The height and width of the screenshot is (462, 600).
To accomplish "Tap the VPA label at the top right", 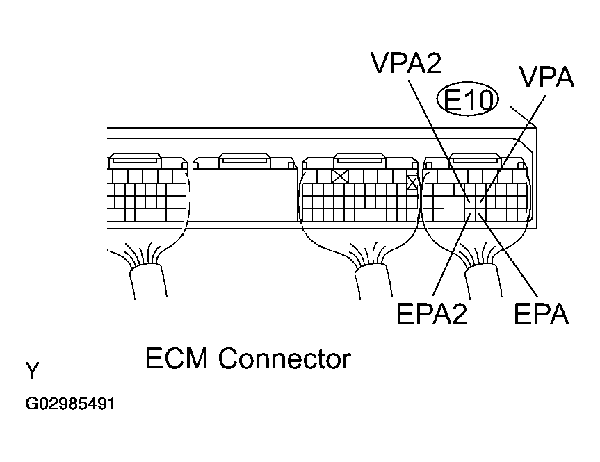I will click(546, 76).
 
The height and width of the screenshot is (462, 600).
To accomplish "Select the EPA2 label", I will click(431, 314).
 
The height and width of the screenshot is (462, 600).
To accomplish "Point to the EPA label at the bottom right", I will click(541, 314).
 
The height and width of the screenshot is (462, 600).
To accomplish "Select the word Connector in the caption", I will click(284, 359).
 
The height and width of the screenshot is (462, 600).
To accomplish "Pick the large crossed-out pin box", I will click(340, 176).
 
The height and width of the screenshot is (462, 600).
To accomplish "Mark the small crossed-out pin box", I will click(412, 182).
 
